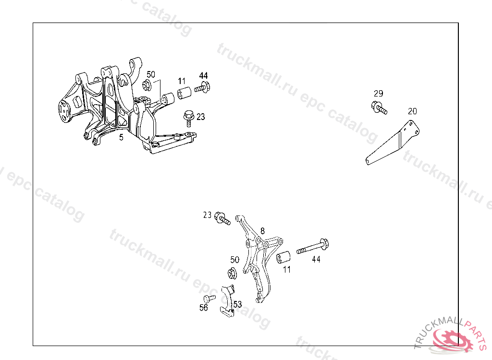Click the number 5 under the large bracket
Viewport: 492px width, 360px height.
(121, 137)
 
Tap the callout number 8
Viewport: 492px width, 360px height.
(263, 231)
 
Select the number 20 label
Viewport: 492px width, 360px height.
(412, 111)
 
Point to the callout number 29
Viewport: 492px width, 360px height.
(379, 94)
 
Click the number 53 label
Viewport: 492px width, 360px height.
(237, 304)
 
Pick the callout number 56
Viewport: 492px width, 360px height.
(204, 308)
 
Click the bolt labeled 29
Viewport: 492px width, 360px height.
(379, 108)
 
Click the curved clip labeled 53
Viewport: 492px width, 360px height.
(227, 301)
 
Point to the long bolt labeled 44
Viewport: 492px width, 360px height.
(312, 247)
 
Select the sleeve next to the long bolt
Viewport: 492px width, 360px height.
(283, 257)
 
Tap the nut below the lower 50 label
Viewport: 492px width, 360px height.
(232, 273)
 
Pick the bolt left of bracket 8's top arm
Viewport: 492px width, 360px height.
(222, 218)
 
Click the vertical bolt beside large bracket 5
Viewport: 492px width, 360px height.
(188, 118)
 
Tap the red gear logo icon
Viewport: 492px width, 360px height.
(453, 341)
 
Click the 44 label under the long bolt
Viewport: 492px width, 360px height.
(316, 259)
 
